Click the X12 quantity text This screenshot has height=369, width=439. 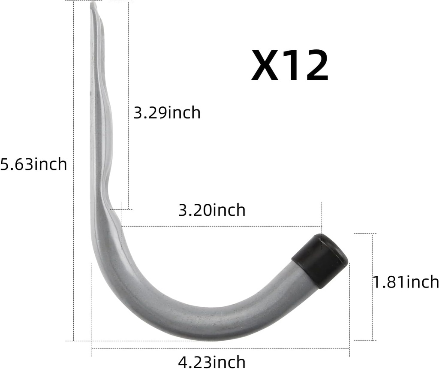(290, 66)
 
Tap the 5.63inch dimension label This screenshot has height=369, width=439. (33, 164)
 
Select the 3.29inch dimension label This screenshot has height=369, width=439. (167, 113)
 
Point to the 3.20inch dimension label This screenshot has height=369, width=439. (212, 210)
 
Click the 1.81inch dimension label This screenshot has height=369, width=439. (406, 282)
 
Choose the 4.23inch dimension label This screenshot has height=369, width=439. (212, 361)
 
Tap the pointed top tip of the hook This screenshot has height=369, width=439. (93, 5)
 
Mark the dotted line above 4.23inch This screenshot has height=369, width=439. (220, 349)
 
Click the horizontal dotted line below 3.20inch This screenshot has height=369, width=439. (221, 226)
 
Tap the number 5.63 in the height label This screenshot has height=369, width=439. (16, 164)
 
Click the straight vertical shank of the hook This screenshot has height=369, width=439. (96, 129)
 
